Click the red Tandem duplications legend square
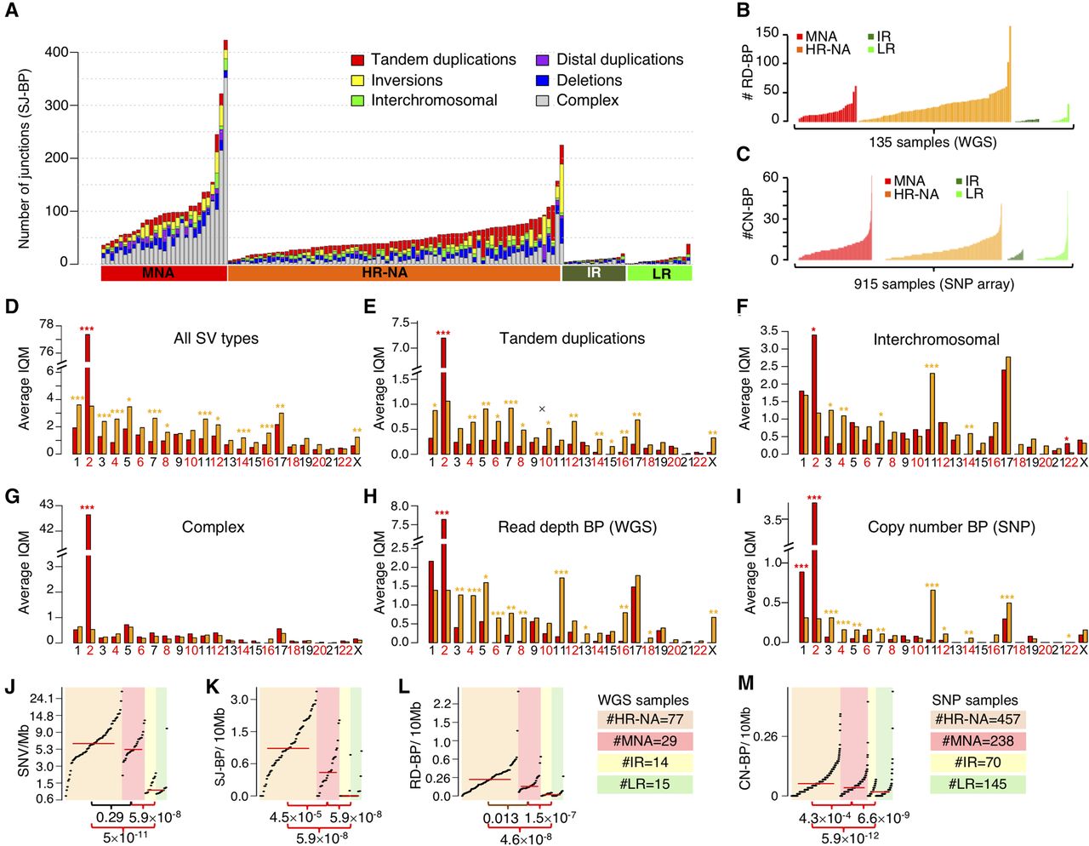click(357, 60)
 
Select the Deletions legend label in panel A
click(589, 80)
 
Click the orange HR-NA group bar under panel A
click(394, 273)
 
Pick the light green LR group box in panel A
click(659, 273)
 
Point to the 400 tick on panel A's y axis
click(57, 52)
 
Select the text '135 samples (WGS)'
click(932, 142)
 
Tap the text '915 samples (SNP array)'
click(933, 283)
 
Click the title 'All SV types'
click(216, 338)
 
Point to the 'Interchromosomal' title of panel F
click(936, 340)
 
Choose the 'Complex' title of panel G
click(213, 527)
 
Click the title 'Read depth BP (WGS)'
click(577, 527)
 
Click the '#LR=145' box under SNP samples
click(978, 784)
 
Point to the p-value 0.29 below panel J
click(110, 817)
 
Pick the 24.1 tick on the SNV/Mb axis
click(43, 699)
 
